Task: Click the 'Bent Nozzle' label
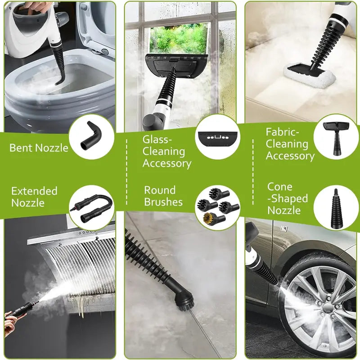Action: tap(39, 148)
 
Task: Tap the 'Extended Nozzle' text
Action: tap(34, 197)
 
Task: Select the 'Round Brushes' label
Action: tap(163, 196)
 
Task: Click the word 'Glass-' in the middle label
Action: tap(156, 139)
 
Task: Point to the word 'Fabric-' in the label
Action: tap(283, 132)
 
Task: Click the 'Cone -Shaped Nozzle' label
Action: tap(288, 198)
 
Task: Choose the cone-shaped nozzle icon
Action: tap(336, 208)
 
